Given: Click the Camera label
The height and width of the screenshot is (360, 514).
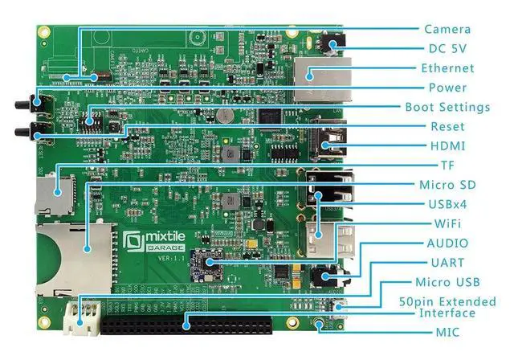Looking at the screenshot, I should pos(447,29).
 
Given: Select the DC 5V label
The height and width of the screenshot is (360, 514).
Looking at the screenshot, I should pos(443,48).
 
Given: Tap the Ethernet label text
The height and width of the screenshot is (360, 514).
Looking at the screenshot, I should pos(447,68).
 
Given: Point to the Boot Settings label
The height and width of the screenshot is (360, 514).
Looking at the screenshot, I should pos(447,107).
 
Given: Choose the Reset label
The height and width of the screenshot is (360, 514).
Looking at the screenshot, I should pos(447,127).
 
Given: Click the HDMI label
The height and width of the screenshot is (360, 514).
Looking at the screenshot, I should pos(447,146).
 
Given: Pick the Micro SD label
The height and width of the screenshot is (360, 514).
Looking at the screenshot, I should pos(447,185).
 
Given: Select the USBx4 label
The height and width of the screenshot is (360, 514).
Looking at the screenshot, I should pos(447,204).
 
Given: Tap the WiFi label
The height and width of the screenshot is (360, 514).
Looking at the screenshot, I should pos(447,223).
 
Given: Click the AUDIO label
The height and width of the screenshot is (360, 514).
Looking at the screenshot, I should pos(447,243).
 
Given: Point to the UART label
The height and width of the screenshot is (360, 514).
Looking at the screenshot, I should pos(447,263).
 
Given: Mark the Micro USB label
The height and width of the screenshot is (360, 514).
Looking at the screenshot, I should pos(447,282).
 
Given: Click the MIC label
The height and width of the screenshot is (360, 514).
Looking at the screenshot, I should pos(447,331).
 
